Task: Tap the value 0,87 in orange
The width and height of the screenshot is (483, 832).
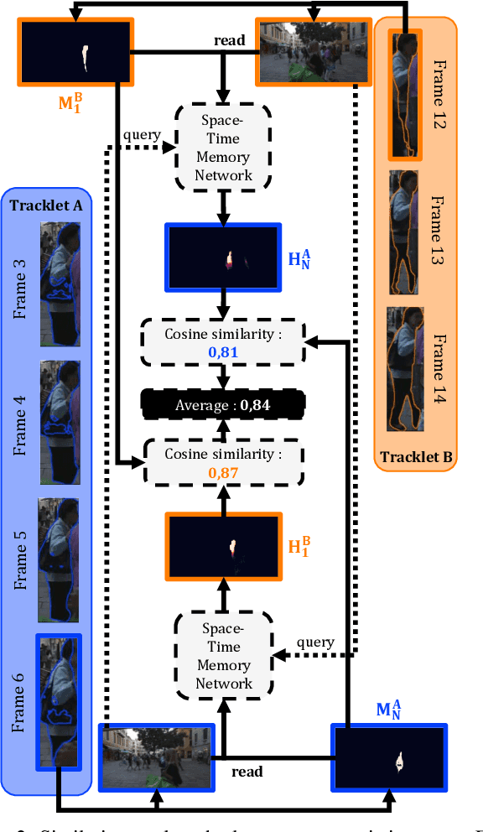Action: point(223,471)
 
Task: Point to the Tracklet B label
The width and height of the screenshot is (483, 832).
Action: point(416,457)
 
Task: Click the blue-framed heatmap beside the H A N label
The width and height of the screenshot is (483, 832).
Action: point(223,255)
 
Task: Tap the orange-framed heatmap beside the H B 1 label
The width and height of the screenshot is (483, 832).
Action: point(223,545)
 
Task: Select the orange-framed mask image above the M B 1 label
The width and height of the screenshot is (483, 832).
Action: point(75,54)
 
